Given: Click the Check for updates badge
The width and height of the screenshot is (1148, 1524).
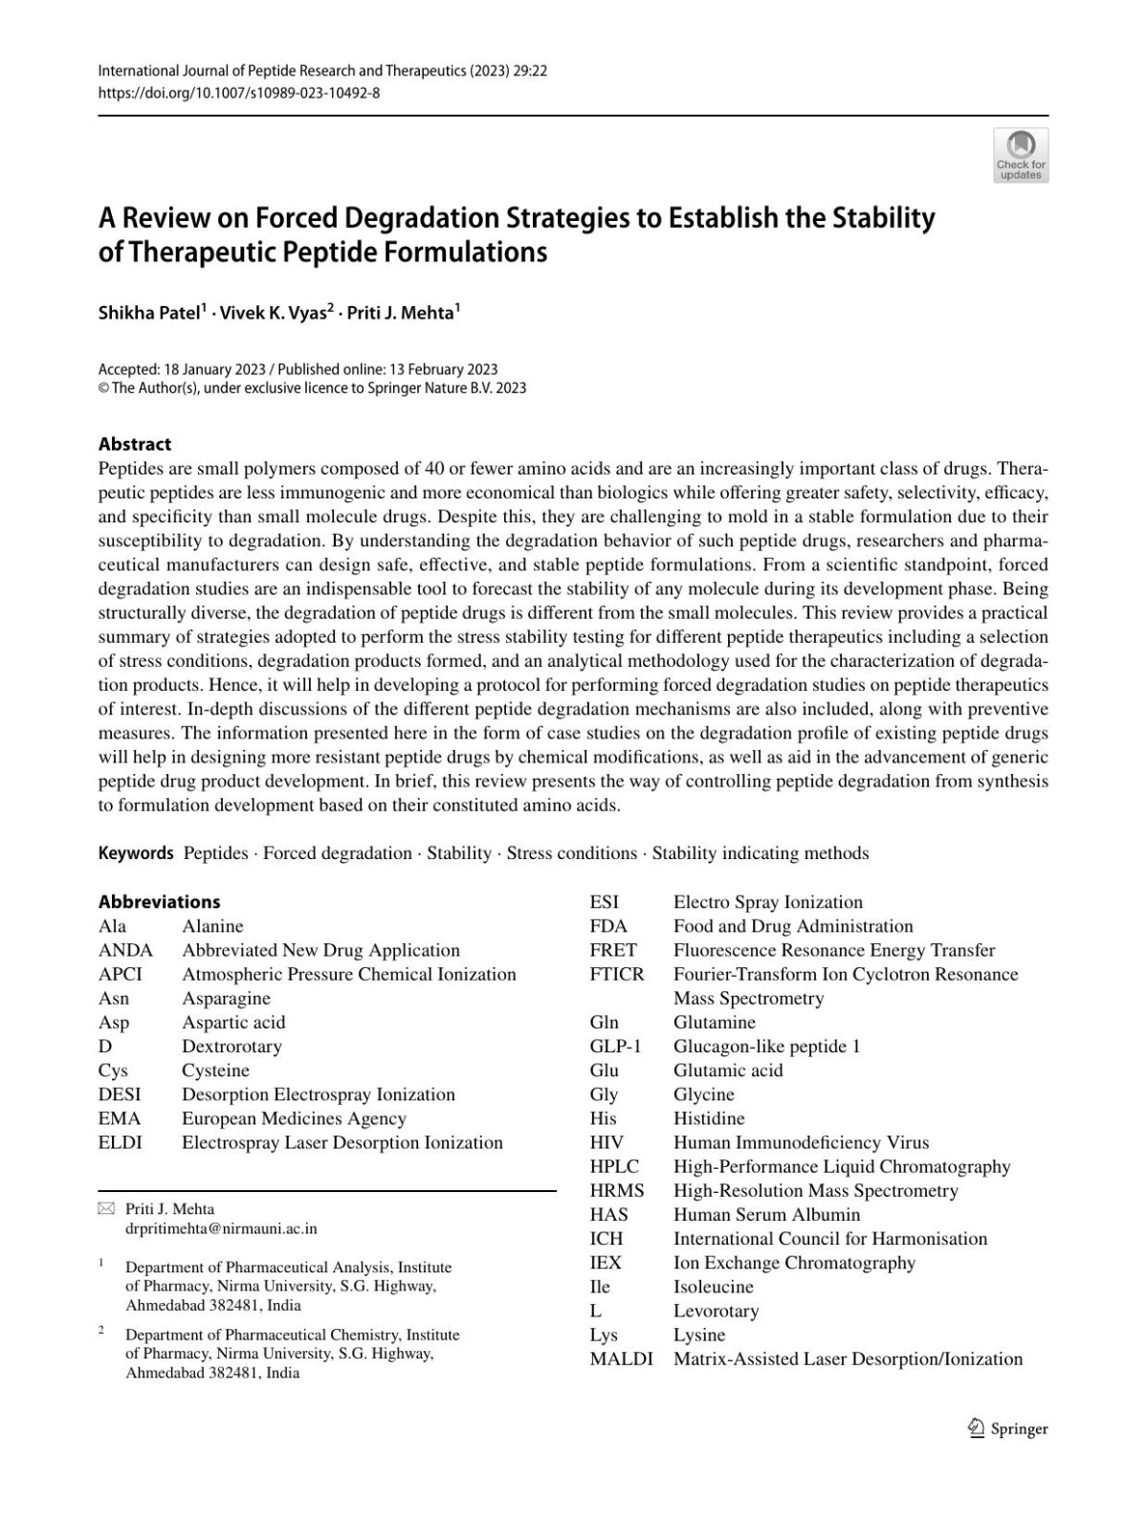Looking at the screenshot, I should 1021,155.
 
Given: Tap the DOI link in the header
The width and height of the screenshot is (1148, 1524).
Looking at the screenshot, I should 239,93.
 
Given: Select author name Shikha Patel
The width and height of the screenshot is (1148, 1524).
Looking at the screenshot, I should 148,313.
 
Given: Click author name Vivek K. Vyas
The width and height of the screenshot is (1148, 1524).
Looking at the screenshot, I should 273,313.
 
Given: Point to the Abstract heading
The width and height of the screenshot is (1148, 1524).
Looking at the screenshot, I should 135,444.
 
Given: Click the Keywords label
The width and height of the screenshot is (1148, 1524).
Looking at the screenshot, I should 136,852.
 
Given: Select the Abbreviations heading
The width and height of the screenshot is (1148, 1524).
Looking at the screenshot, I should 159,901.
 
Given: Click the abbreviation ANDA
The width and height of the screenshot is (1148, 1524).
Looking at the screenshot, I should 125,950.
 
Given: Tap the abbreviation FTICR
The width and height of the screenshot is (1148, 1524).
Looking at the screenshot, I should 617,974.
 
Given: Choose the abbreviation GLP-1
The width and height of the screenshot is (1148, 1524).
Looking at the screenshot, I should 615,1046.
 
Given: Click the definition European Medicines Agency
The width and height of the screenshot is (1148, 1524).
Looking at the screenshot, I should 294,1118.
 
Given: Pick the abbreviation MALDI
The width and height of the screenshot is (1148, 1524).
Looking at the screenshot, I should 621,1358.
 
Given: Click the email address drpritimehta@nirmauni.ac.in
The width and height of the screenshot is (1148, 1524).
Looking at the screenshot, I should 221,1228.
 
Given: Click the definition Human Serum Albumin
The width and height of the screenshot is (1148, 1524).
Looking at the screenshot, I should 766,1214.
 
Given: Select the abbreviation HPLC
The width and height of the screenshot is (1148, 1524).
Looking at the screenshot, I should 614,1166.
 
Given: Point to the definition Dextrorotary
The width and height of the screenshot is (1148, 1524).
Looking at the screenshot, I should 232,1046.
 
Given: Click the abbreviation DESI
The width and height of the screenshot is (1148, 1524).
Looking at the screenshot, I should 120,1094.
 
